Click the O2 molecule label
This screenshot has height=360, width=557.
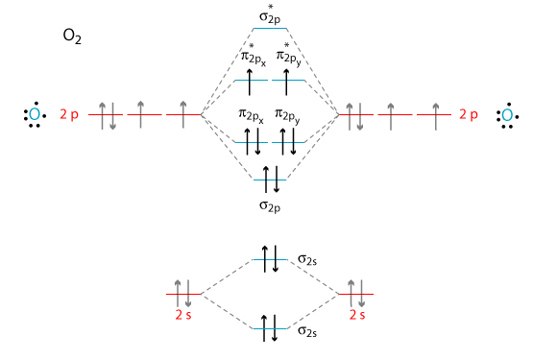(x=72, y=36)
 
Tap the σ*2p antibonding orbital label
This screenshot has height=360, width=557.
(x=270, y=14)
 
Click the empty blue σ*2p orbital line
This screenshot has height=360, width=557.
(x=270, y=29)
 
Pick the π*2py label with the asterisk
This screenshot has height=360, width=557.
(x=289, y=55)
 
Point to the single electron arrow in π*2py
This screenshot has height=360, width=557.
(x=286, y=83)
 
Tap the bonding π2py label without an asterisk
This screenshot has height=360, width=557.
(x=287, y=116)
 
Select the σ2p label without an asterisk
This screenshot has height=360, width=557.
(x=270, y=205)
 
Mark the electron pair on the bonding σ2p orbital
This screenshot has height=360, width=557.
(x=271, y=180)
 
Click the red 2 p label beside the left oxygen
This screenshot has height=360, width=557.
(x=69, y=114)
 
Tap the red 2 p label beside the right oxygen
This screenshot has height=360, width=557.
(x=469, y=114)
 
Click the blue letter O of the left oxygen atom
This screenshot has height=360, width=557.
(x=35, y=114)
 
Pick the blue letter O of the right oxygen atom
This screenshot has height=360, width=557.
(x=507, y=115)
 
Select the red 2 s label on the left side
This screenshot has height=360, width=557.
(x=183, y=315)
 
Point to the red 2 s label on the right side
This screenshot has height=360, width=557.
(x=357, y=315)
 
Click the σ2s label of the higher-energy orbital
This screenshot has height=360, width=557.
(x=307, y=260)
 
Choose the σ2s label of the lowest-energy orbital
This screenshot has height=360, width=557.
(x=307, y=331)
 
